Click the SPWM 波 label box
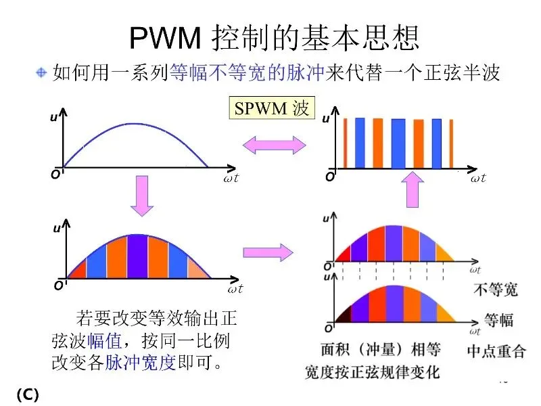[x=271, y=109]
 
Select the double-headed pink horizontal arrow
[x=274, y=143]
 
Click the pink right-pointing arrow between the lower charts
[x=268, y=252]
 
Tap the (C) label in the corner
[x=26, y=394]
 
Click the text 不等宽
[x=494, y=290]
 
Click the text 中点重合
[x=496, y=351]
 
